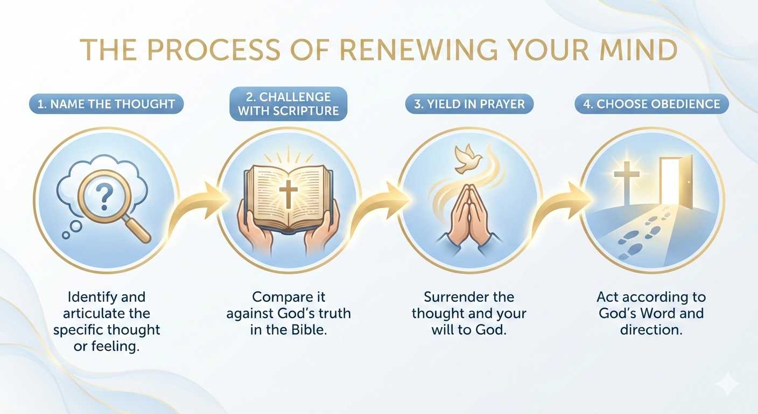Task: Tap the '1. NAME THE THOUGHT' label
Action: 106,103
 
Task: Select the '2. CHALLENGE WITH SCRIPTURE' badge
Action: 289,103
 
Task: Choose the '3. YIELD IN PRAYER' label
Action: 469,103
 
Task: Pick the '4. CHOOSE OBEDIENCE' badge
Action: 651,103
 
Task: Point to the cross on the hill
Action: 627,183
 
